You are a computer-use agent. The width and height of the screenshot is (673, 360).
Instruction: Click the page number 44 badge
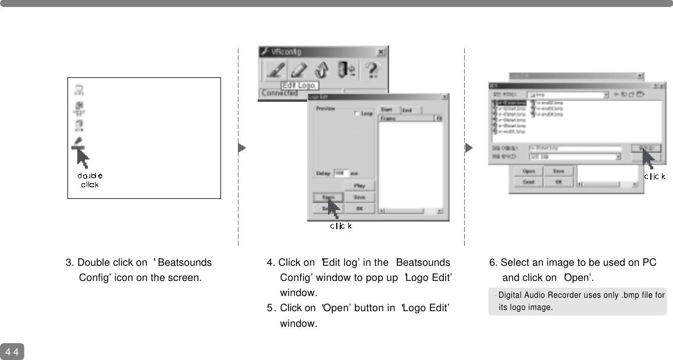[x=12, y=352]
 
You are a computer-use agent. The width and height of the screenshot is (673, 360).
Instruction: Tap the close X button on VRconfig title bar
[x=380, y=52]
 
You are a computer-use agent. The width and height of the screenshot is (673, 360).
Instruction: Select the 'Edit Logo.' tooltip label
[x=300, y=85]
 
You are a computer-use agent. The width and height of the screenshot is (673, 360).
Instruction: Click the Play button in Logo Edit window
[x=359, y=186]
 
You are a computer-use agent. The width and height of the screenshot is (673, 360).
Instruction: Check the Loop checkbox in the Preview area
[x=357, y=114]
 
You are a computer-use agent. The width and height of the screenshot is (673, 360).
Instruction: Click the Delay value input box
[x=340, y=173]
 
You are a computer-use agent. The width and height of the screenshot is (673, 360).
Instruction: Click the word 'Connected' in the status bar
[x=279, y=93]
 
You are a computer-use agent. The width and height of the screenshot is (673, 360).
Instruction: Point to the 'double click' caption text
[x=90, y=180]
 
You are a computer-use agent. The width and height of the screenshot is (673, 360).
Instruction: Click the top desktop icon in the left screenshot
[x=79, y=89]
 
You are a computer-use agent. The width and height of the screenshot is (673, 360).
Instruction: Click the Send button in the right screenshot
[x=529, y=181]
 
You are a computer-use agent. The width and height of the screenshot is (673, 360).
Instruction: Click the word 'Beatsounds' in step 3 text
[x=184, y=263]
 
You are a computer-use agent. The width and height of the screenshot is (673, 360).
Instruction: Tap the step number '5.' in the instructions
[x=270, y=308]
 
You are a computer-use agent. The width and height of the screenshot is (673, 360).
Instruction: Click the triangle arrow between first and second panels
[x=242, y=148]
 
